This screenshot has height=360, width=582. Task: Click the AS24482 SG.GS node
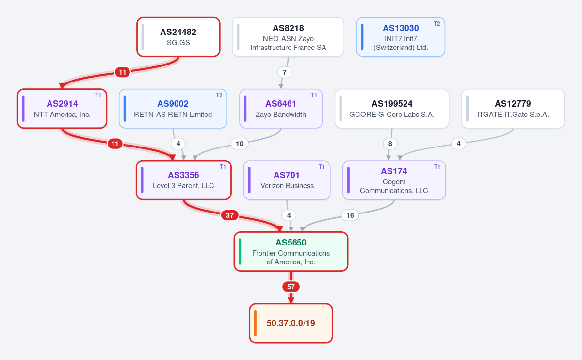click(x=178, y=37)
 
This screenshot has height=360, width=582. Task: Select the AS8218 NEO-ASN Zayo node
click(x=288, y=37)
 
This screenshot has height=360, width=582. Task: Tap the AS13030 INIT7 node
click(x=401, y=37)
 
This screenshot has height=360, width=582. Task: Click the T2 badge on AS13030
click(x=437, y=24)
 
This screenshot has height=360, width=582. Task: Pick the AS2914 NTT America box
click(x=62, y=108)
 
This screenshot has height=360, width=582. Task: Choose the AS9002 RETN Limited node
click(x=173, y=108)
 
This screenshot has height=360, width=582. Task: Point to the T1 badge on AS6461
click(x=314, y=95)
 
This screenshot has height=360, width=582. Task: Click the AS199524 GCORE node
click(x=392, y=108)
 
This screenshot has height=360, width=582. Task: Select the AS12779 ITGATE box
click(x=513, y=108)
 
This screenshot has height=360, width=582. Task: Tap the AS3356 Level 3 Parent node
click(x=184, y=180)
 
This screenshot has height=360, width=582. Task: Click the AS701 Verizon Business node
click(x=287, y=180)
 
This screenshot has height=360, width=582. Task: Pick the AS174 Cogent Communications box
click(x=394, y=180)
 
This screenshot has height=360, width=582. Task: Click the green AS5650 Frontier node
click(x=291, y=251)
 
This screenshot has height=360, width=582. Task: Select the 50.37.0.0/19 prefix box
click(x=291, y=323)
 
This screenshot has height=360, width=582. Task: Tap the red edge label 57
click(x=291, y=287)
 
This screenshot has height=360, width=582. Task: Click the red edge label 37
click(x=230, y=215)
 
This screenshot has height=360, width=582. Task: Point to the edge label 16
click(x=350, y=215)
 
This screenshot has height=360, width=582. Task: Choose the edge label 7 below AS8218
click(x=285, y=72)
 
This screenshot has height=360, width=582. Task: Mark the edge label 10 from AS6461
click(x=240, y=144)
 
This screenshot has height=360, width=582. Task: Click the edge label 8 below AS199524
click(x=390, y=144)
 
